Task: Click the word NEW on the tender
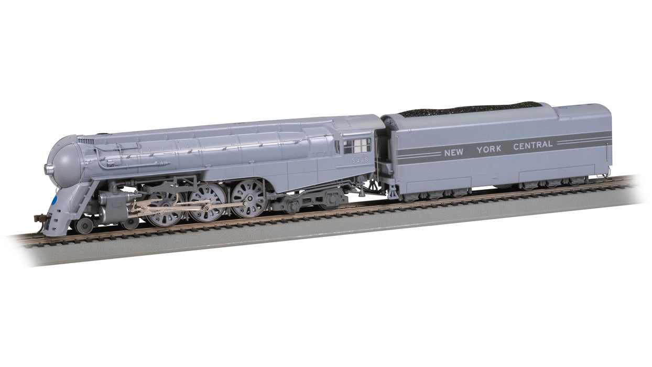(x=453, y=153)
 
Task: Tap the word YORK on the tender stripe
(x=489, y=149)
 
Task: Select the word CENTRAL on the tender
(x=533, y=145)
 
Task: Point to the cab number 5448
(x=360, y=160)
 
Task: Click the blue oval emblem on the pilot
(x=53, y=201)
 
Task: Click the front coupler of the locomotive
(x=40, y=219)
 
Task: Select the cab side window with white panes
(x=357, y=146)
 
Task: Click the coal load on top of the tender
(x=471, y=109)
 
